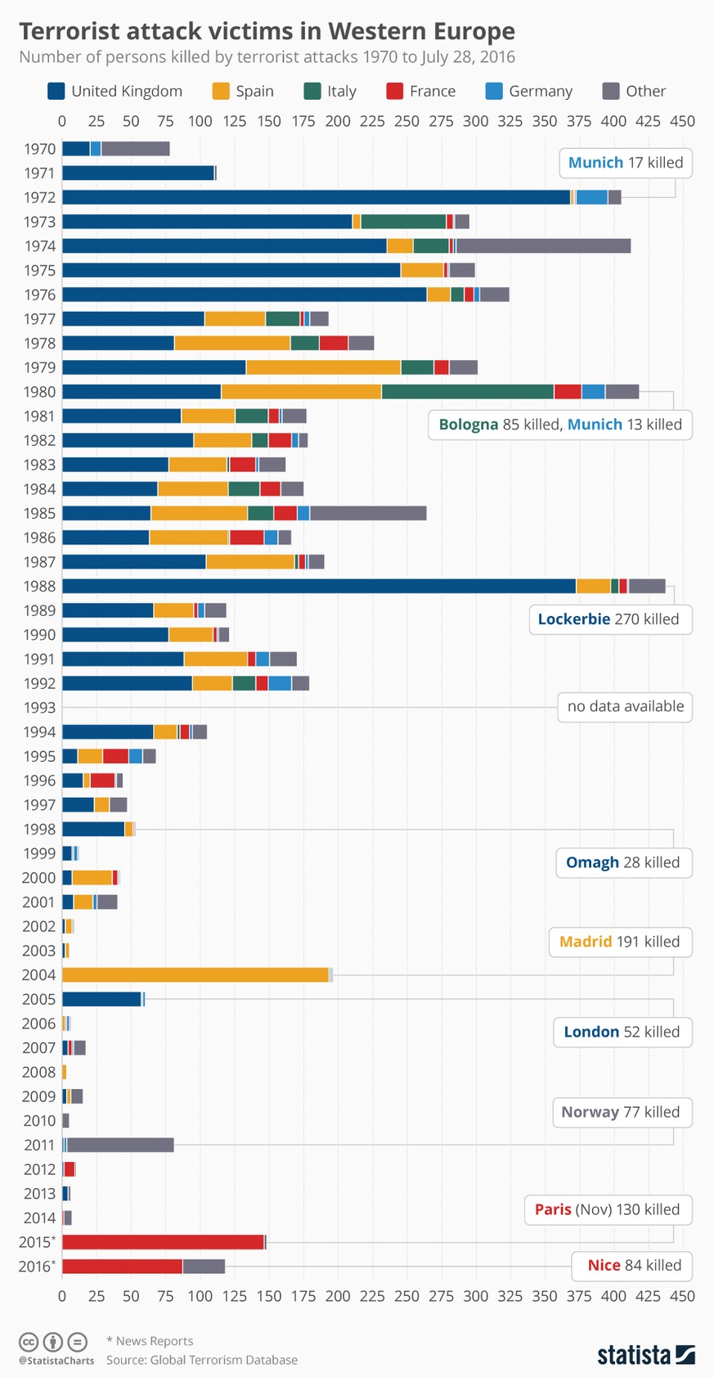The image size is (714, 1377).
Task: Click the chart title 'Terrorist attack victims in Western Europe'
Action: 267,31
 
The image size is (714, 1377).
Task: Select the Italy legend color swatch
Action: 312,91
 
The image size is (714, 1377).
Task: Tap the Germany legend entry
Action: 528,91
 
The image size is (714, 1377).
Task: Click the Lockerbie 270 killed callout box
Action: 608,619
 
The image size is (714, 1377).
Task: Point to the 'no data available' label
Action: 626,706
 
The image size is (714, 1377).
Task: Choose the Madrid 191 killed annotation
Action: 619,941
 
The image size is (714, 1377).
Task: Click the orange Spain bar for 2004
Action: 195,974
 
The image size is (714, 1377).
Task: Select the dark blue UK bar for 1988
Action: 319,586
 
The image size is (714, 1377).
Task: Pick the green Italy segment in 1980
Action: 467,392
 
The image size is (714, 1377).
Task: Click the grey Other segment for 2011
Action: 120,1145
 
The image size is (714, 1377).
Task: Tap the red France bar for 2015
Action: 163,1242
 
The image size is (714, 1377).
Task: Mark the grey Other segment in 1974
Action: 543,245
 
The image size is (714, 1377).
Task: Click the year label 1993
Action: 39,708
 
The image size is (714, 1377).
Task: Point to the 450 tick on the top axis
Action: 682,121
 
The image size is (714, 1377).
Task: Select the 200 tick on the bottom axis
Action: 338,1296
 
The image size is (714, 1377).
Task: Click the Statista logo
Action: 645,1355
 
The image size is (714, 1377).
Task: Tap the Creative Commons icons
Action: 53,1342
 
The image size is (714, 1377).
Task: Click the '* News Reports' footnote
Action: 150,1341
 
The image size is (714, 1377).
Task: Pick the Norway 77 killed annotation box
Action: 620,1112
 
